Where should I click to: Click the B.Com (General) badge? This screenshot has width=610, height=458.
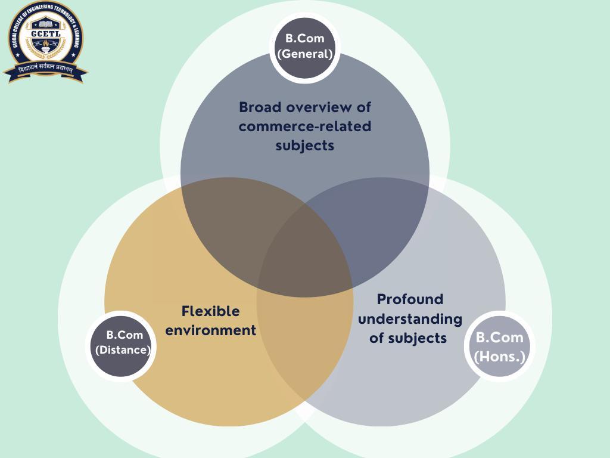(304, 47)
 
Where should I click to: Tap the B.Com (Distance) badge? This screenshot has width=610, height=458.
(123, 343)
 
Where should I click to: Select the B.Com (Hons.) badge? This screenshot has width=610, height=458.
(499, 346)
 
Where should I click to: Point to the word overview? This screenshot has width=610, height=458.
(322, 107)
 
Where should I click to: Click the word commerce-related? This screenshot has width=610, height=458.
(304, 126)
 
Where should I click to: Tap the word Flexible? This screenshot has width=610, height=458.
(210, 311)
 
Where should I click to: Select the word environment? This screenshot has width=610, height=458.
(210, 330)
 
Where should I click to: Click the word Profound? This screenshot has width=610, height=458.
(410, 299)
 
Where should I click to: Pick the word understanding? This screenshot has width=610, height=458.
(410, 319)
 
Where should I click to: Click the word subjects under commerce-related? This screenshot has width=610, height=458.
(304, 146)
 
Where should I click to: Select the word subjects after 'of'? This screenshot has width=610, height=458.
(417, 338)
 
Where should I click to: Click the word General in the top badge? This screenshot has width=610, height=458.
(304, 54)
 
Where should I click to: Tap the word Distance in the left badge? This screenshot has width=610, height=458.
(123, 350)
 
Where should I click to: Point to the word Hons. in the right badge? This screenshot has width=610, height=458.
(499, 357)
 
